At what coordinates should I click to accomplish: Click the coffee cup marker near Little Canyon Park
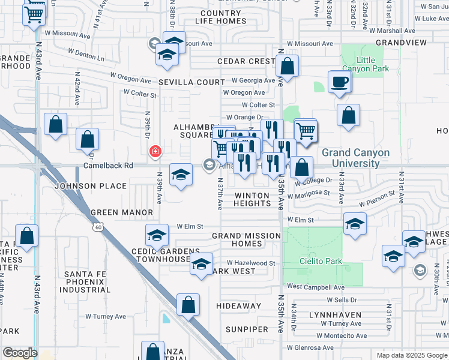(x=339, y=82)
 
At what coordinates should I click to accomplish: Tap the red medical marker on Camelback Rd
(x=155, y=151)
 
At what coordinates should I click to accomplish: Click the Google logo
(x=19, y=353)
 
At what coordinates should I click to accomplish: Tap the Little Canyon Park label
(x=364, y=64)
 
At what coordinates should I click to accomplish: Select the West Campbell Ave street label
(x=315, y=287)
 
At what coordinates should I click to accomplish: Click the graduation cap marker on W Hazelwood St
(x=201, y=264)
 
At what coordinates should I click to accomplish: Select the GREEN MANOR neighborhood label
(x=121, y=212)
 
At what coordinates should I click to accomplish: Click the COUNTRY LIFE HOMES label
(x=220, y=17)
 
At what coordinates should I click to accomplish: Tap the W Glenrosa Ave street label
(x=309, y=347)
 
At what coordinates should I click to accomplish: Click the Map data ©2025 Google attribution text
(x=411, y=355)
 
